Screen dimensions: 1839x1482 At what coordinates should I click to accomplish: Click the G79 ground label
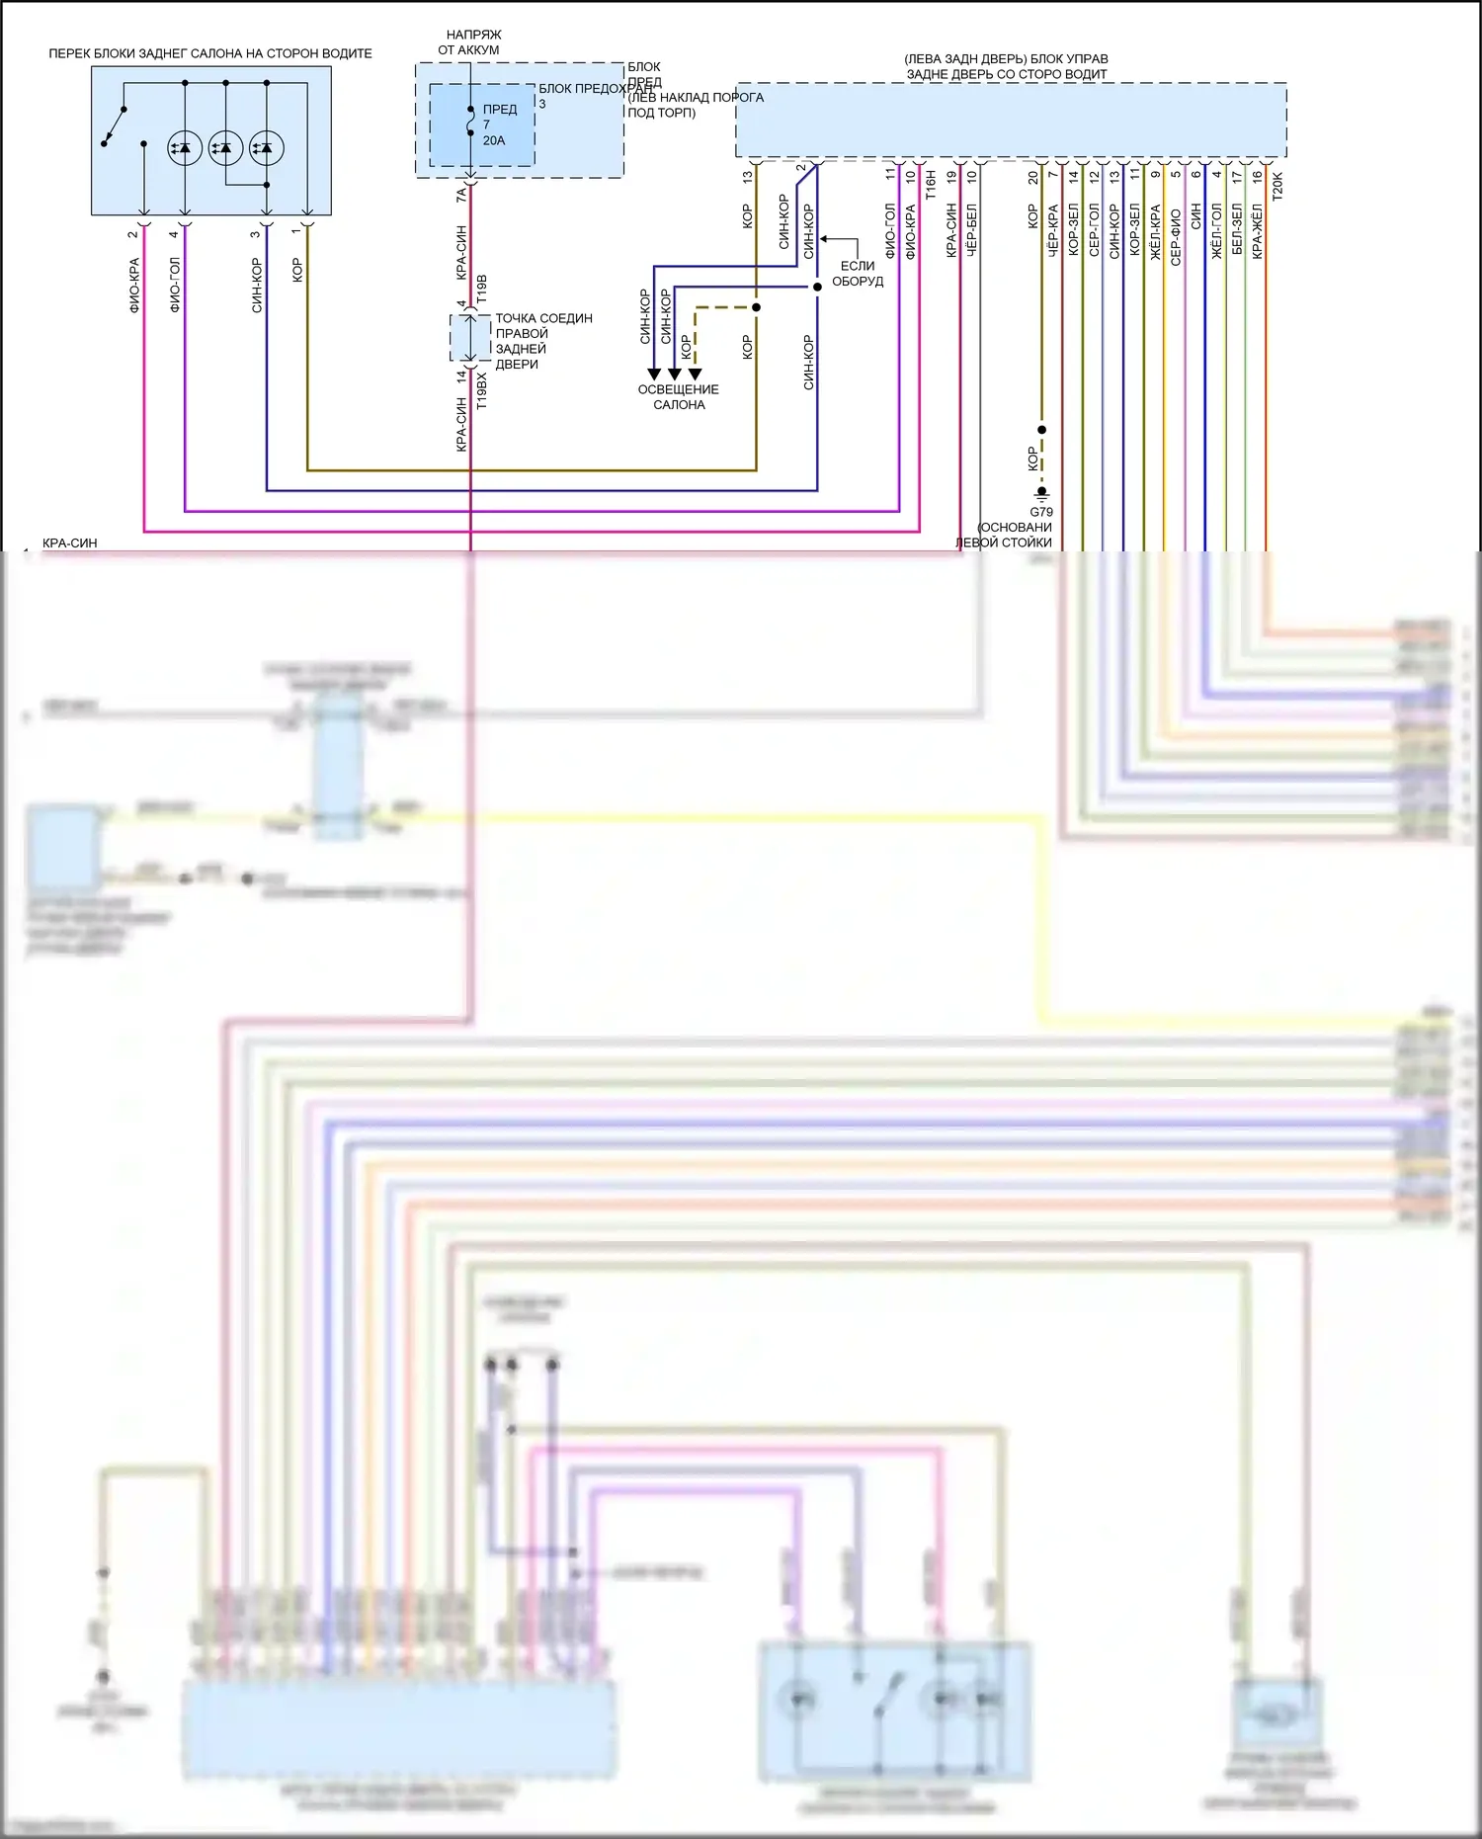tap(1041, 512)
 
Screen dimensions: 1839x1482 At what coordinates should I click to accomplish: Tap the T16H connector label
tap(930, 185)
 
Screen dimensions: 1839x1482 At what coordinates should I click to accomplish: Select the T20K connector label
tap(1276, 186)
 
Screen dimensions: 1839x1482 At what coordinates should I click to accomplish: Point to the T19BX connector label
tap(481, 390)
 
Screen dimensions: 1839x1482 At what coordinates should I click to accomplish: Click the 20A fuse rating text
tap(494, 140)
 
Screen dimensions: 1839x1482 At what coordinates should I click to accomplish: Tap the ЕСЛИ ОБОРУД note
tap(857, 274)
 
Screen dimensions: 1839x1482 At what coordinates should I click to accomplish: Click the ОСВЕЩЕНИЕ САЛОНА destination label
tap(679, 396)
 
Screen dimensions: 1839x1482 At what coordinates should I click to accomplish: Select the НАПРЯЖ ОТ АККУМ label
tap(470, 42)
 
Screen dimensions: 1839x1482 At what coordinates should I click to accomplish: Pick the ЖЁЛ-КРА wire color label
tap(1155, 233)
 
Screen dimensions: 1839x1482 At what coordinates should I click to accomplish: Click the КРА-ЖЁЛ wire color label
tap(1257, 231)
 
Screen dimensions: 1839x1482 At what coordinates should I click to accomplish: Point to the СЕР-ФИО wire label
tap(1176, 237)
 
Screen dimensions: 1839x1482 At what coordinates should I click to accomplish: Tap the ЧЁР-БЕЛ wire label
tap(971, 231)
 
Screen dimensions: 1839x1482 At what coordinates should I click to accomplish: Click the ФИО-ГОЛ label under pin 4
tap(175, 285)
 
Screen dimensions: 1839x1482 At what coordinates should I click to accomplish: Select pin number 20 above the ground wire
tap(1032, 178)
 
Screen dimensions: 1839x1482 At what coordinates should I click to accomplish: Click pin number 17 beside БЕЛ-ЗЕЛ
tap(1236, 177)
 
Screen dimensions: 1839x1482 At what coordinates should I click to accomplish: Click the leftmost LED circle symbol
tap(185, 148)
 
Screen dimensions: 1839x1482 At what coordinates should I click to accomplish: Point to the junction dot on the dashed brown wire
tap(756, 307)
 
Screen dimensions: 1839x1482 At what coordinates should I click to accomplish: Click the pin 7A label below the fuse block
tap(460, 195)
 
